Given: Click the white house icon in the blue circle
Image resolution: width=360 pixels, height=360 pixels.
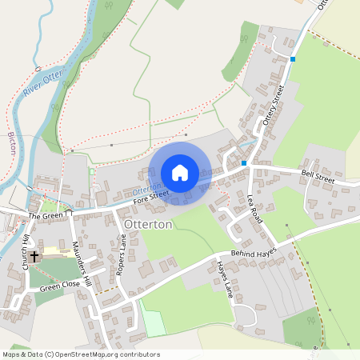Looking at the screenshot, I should point(180,172).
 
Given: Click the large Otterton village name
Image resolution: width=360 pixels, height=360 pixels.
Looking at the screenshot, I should point(148,225).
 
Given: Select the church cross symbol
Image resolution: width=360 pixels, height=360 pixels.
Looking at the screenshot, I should point(34,258).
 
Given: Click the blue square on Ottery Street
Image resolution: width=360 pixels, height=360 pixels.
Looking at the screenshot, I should point(293,59).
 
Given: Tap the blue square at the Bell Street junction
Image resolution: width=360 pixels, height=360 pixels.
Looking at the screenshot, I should point(244,163).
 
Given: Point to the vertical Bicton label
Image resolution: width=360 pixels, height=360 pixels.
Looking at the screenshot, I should point(11,145).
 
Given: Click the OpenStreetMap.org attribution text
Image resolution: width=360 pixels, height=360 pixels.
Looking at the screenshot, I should point(88,354).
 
